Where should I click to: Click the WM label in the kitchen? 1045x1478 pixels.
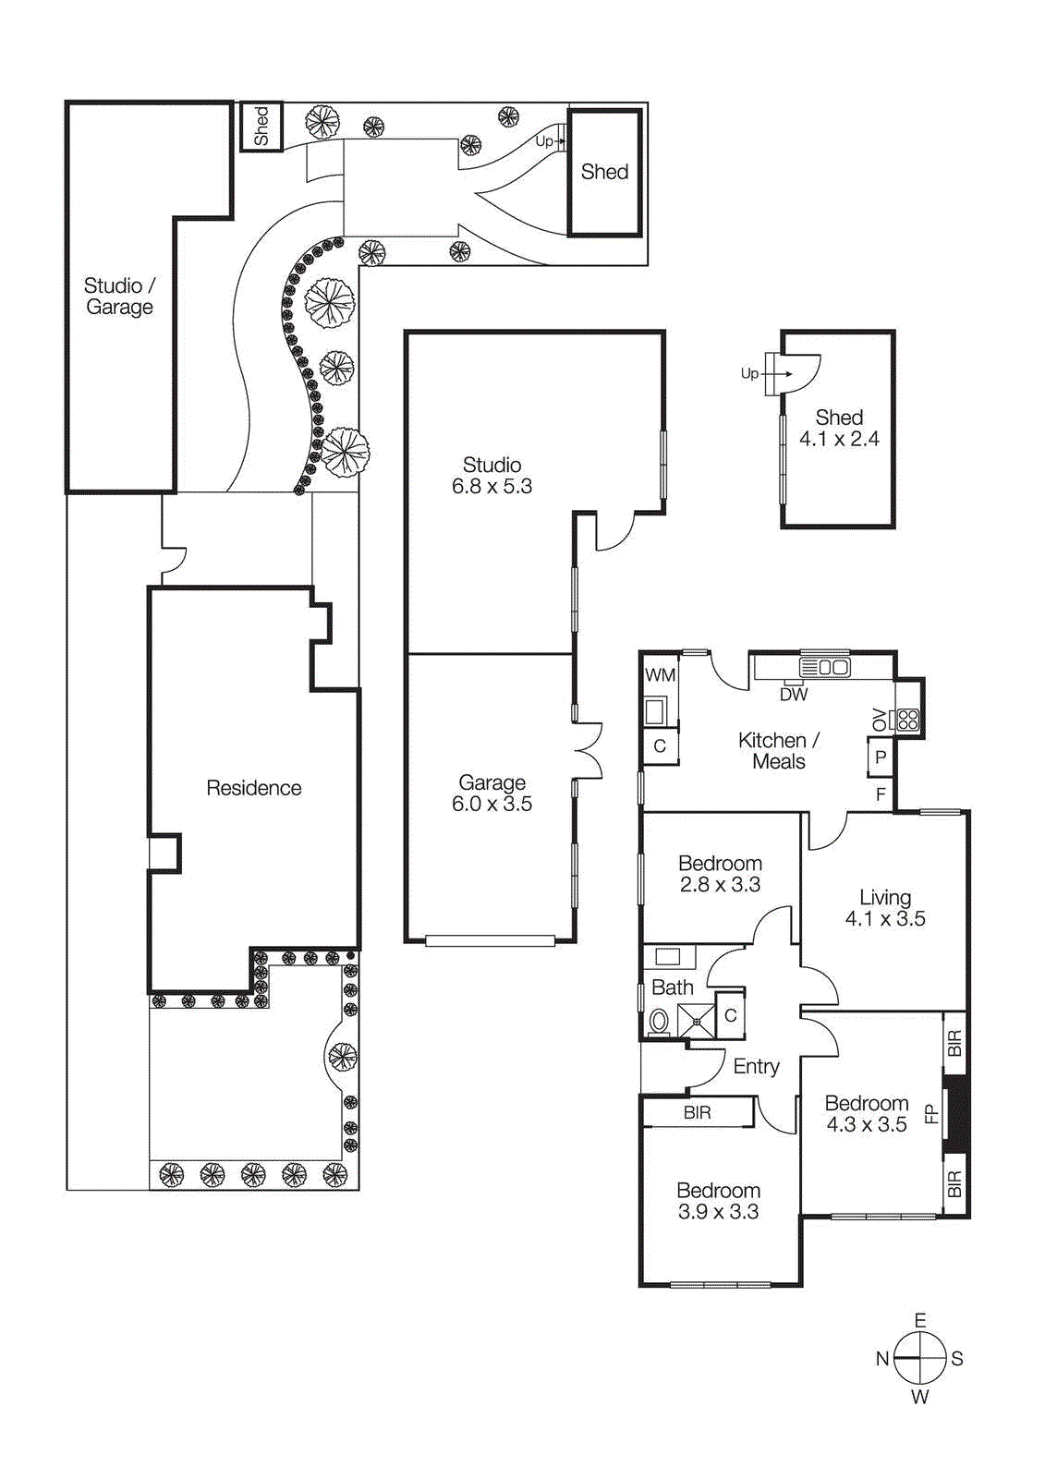(660, 675)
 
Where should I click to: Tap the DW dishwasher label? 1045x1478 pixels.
(794, 695)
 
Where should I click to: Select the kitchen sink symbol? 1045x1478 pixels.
(824, 667)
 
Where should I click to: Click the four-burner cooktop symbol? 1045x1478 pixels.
(907, 720)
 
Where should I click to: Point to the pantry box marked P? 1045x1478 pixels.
(880, 757)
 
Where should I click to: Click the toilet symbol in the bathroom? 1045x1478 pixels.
(660, 1021)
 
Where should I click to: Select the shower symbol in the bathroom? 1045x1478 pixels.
(696, 1021)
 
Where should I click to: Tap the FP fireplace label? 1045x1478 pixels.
(931, 1114)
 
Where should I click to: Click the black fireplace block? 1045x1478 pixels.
(957, 1114)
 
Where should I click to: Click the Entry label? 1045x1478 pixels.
(756, 1067)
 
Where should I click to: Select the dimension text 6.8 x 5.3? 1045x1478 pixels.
(492, 487)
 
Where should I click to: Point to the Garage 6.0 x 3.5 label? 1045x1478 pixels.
(492, 794)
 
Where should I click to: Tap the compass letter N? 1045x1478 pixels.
(882, 1359)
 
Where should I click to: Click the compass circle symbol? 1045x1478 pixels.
(920, 1359)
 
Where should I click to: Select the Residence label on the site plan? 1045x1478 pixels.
(253, 788)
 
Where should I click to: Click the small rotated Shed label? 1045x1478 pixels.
(261, 126)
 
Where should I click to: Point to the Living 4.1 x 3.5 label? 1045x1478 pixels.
(884, 908)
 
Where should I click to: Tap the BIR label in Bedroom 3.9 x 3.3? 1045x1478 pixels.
(697, 1113)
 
